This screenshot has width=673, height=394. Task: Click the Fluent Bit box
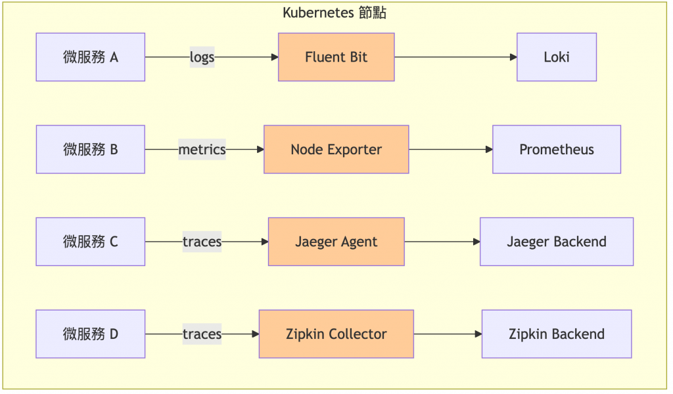coord(336,57)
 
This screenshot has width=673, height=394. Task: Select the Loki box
coord(556,57)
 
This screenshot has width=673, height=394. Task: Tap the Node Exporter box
coord(336,150)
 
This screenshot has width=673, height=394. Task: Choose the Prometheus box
coord(556,150)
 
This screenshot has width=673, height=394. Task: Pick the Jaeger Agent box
coord(336,242)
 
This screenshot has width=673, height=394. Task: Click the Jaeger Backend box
coord(556,242)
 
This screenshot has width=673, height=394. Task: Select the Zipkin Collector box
coord(336,334)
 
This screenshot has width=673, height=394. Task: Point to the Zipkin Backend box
coord(556,334)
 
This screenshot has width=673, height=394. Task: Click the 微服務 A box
coord(91,57)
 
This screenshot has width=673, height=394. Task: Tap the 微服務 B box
coord(91,150)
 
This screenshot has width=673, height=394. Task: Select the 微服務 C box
coord(91,242)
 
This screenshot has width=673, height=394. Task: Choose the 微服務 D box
coord(91,334)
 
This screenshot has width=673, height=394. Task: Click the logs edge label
coord(202,57)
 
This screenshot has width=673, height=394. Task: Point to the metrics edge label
coord(202,150)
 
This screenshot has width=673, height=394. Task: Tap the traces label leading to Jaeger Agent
coord(202,242)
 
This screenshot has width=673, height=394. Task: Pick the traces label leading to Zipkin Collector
coord(202,334)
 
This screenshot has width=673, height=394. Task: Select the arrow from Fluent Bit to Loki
coord(455,57)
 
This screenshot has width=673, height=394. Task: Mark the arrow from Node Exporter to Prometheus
coord(451,150)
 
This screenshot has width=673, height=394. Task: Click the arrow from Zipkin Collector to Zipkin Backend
coord(448,334)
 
